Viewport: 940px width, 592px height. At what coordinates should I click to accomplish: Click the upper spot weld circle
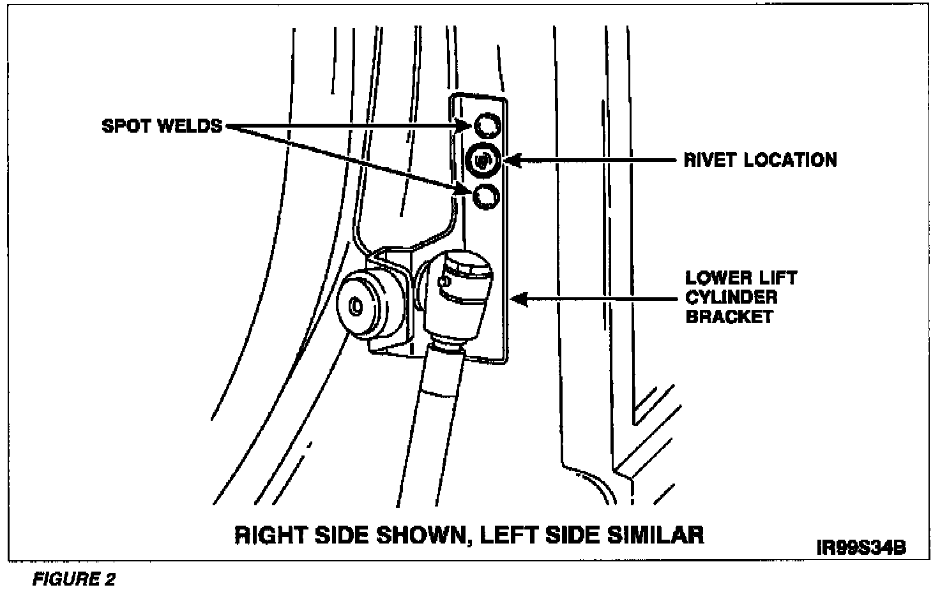tap(487, 125)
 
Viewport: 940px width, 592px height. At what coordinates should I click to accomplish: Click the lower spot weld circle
tap(485, 196)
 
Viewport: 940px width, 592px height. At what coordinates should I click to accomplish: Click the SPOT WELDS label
tap(162, 126)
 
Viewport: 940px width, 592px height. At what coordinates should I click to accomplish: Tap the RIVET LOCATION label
tap(760, 159)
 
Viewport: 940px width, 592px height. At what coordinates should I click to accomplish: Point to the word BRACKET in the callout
tap(729, 316)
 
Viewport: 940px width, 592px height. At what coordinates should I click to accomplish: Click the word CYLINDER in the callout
tap(731, 297)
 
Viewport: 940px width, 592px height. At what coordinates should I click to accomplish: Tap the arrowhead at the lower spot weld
tap(466, 188)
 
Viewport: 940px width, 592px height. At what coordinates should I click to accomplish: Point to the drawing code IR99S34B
tap(860, 548)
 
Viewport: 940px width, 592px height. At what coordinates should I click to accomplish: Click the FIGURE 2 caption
tap(74, 579)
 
